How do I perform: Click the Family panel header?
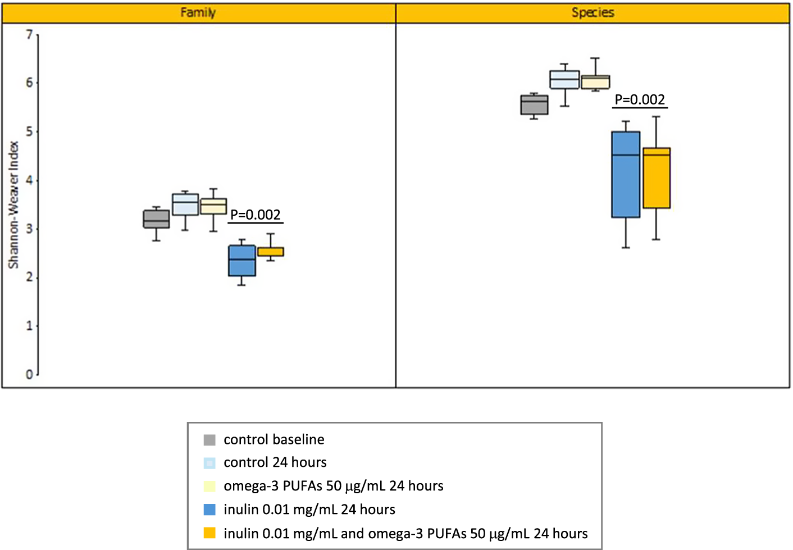click(x=198, y=12)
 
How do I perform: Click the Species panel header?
click(x=593, y=12)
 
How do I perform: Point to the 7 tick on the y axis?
click(x=29, y=35)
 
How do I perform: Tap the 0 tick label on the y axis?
click(x=29, y=375)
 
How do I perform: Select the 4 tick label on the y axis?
click(x=29, y=180)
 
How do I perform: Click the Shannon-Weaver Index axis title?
click(x=13, y=205)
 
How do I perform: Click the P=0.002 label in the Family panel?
click(x=255, y=215)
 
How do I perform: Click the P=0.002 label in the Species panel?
click(x=640, y=100)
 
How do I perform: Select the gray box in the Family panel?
click(x=156, y=219)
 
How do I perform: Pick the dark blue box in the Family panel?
click(x=241, y=261)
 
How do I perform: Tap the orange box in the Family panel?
click(x=270, y=252)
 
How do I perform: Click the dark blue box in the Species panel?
click(x=626, y=174)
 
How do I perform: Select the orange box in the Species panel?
click(x=656, y=178)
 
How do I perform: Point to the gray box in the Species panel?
click(x=534, y=105)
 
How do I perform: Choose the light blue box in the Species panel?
click(x=564, y=80)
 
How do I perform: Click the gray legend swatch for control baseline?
click(x=209, y=440)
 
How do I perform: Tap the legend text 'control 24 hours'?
click(x=275, y=462)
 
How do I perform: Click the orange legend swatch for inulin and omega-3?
click(x=209, y=533)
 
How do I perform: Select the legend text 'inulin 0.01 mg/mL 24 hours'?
click(x=309, y=510)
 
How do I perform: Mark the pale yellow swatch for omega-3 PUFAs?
click(x=209, y=486)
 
